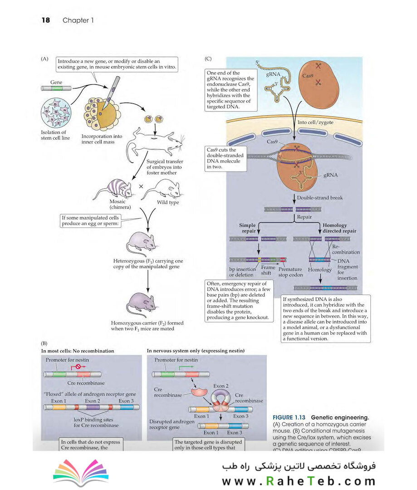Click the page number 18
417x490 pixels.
pyautogui.click(x=45, y=20)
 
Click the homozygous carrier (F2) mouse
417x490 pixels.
pyautogui.click(x=142, y=303)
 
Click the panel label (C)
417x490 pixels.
pyautogui.click(x=209, y=59)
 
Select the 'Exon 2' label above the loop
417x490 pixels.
pyautogui.click(x=218, y=385)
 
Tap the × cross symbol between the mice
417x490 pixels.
pyautogui.click(x=141, y=186)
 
